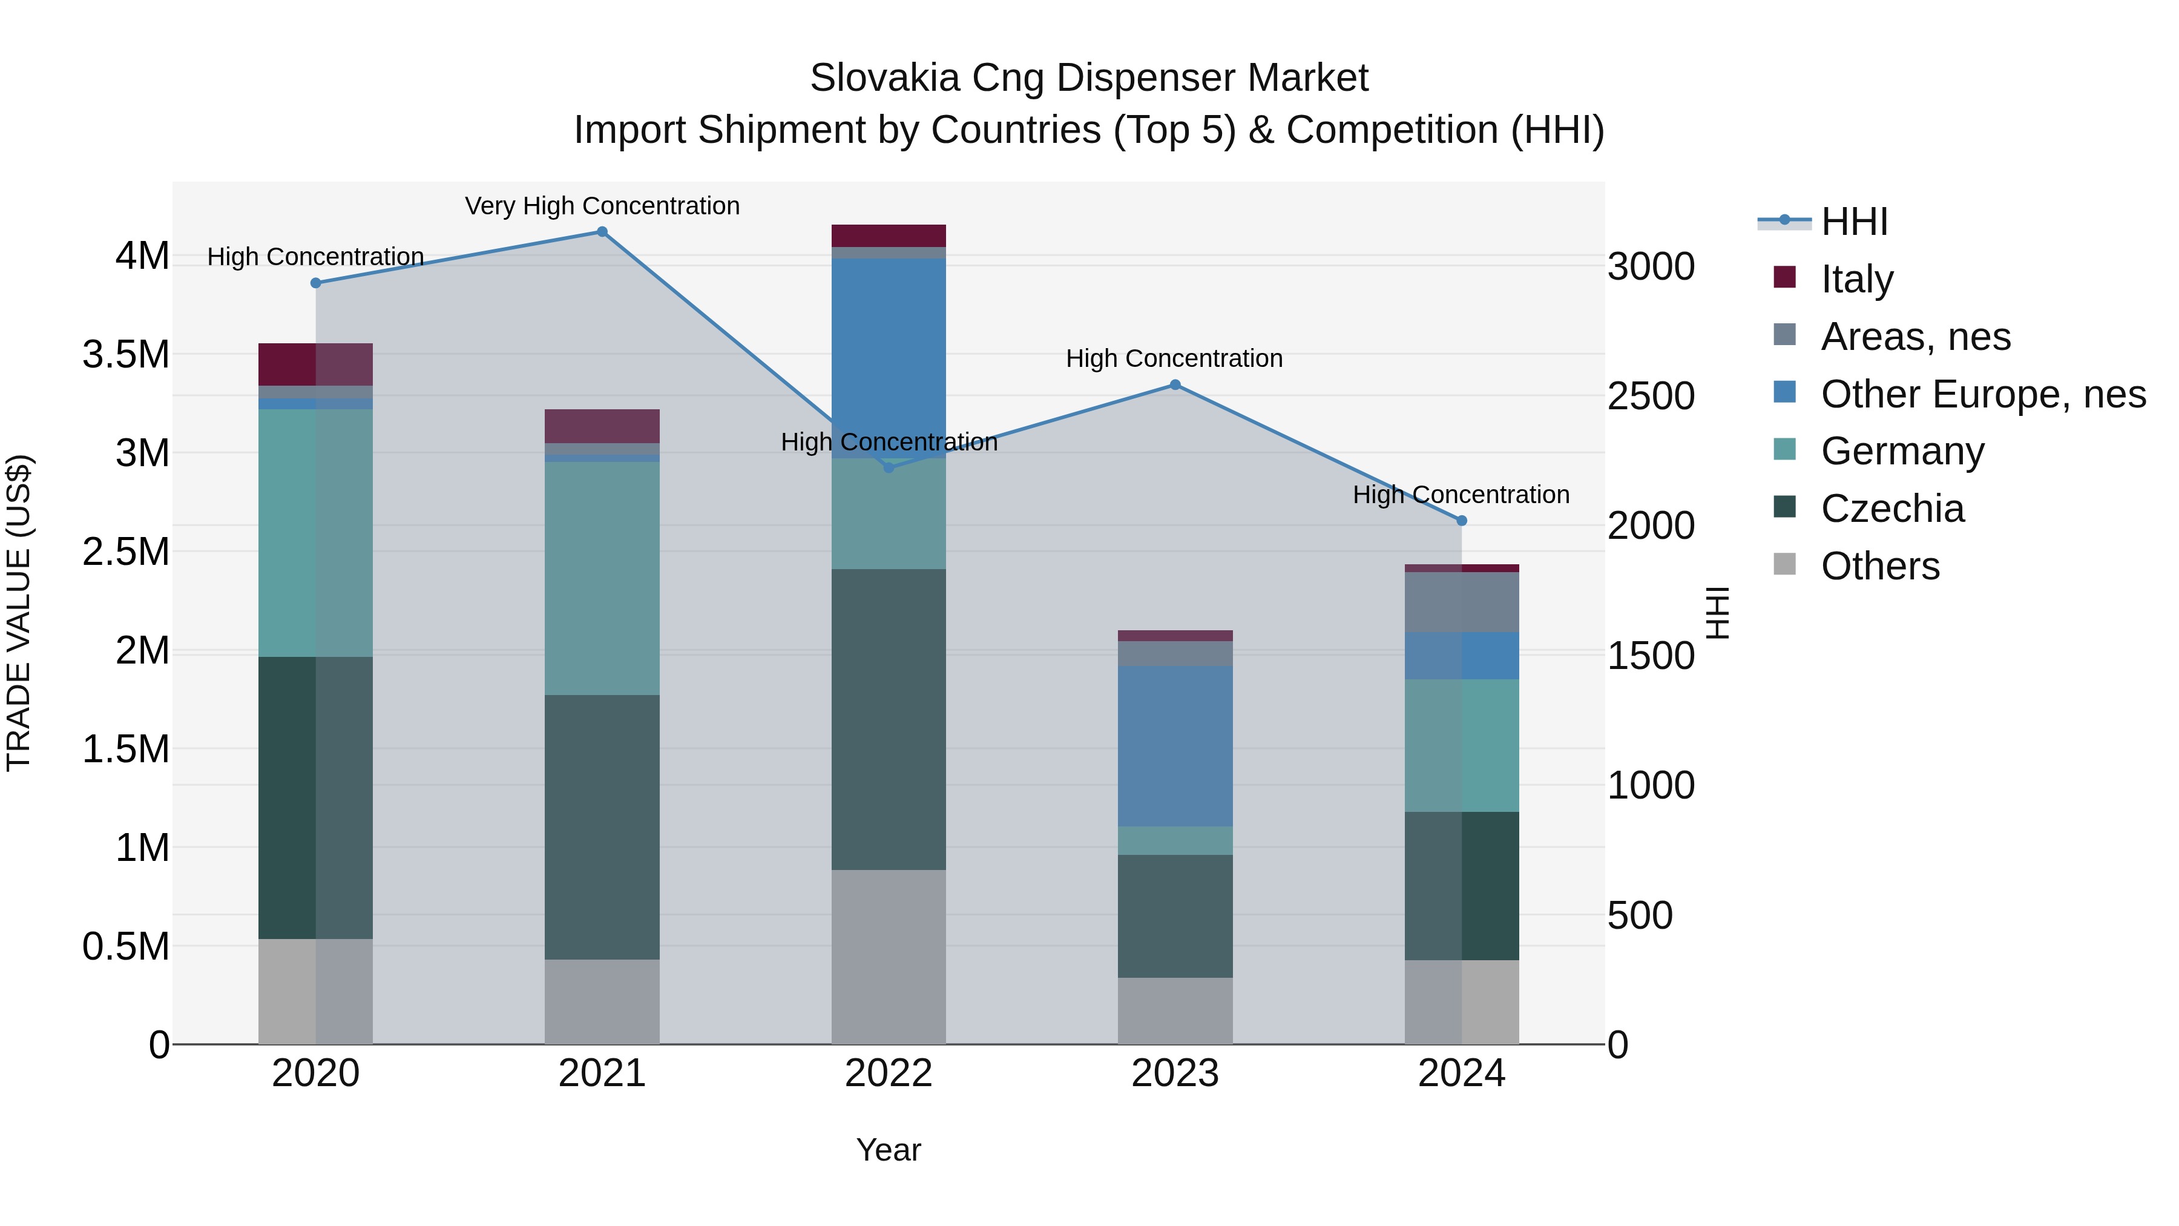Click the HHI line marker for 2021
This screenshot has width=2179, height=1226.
point(602,232)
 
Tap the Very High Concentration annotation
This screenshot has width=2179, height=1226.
point(602,206)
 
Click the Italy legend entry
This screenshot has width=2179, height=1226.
point(1857,279)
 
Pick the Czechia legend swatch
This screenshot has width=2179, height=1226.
point(1785,507)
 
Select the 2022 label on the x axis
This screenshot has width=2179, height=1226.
point(888,1073)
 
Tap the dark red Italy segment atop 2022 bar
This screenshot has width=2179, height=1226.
point(888,236)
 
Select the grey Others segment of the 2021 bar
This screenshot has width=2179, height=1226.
point(602,1002)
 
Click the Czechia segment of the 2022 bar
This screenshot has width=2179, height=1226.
point(888,719)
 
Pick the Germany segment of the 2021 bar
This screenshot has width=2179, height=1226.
point(602,578)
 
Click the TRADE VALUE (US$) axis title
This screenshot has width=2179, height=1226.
point(19,613)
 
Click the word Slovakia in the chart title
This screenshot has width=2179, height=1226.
point(884,79)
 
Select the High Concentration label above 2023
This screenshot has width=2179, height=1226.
point(1174,359)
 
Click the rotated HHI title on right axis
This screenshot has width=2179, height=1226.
point(1717,613)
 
